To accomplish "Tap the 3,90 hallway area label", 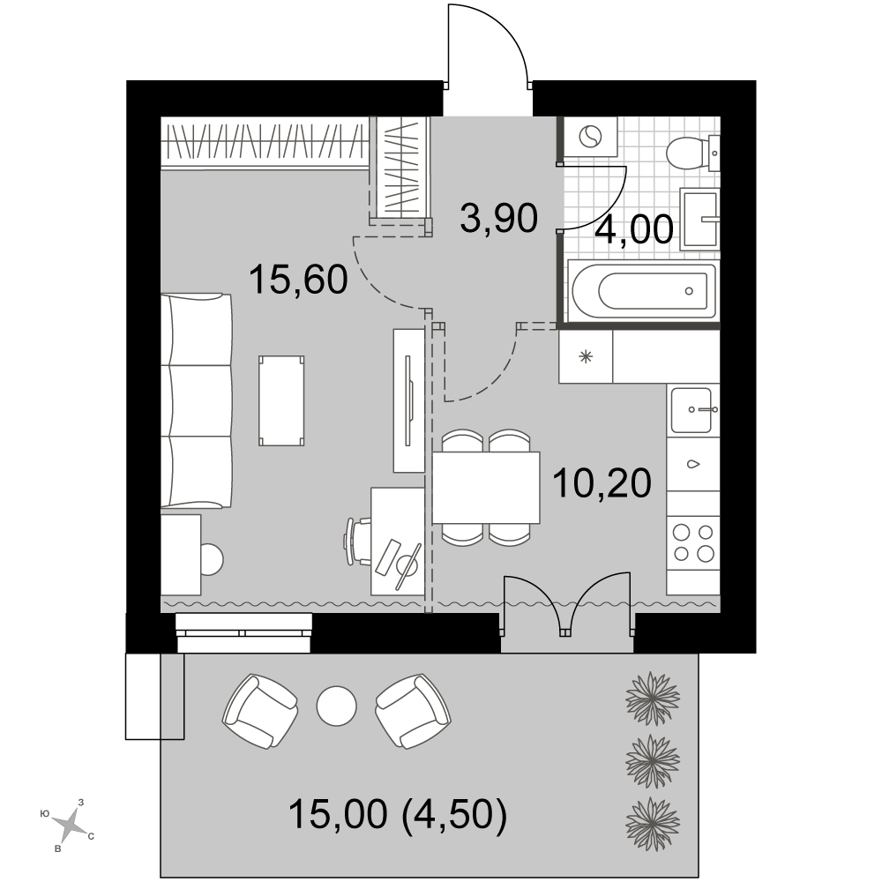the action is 498,218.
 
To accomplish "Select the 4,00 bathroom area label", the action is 634,229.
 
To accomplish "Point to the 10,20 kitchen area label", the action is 602,482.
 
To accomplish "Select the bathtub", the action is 643,291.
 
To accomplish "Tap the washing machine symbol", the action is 591,136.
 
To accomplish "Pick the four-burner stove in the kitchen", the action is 693,542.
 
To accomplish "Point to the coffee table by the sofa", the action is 281,400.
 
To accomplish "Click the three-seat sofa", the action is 197,400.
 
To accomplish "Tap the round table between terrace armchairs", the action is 336,706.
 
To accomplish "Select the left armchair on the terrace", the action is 260,712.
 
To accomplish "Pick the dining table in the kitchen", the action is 486,487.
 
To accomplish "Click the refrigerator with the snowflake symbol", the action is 586,356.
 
